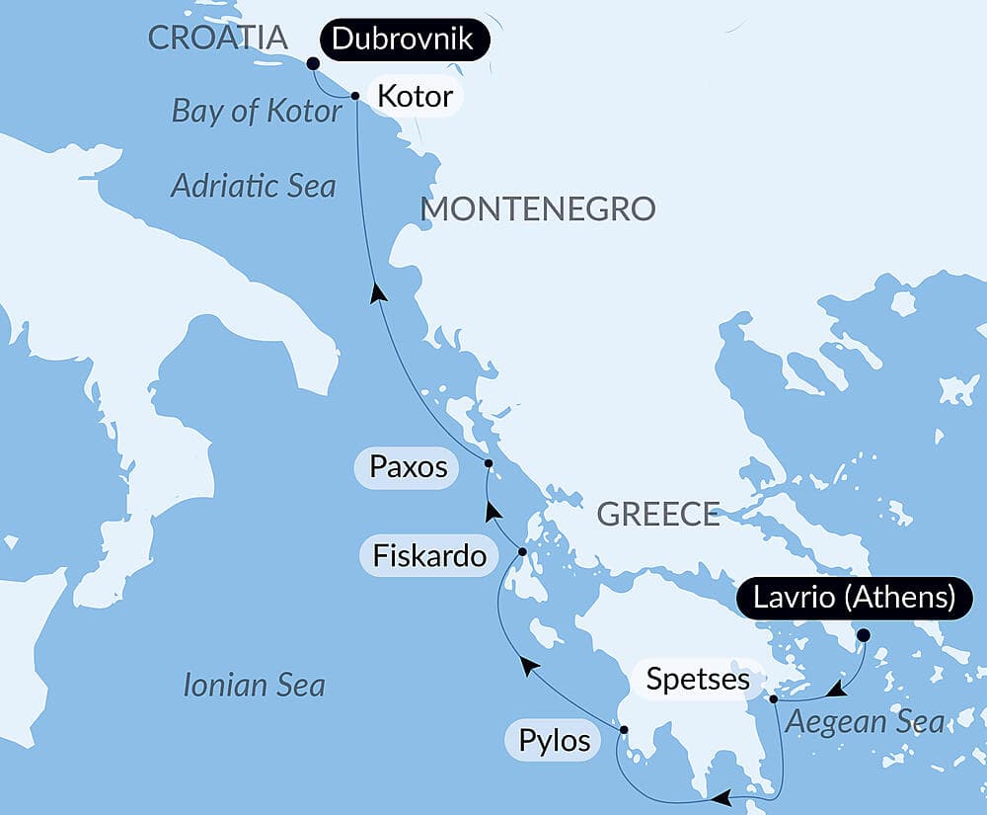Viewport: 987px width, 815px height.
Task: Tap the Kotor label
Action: point(414,96)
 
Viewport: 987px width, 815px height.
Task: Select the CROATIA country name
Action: point(217,39)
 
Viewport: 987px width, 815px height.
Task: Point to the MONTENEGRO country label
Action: point(538,208)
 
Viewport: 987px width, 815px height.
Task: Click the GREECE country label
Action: point(658,514)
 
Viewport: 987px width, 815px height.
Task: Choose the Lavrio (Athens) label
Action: point(855,599)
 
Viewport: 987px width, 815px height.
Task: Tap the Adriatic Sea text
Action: point(254,185)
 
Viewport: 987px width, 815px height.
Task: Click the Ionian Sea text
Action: point(254,685)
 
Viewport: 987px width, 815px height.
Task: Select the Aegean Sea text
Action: point(865,722)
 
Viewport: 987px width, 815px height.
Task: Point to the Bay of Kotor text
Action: point(257,111)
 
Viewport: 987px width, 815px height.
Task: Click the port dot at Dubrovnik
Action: point(313,63)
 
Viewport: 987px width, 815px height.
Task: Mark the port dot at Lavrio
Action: point(864,635)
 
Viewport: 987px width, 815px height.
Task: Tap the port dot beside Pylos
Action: point(624,730)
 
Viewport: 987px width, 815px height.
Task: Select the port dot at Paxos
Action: point(489,463)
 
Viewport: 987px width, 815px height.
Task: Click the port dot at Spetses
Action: point(774,699)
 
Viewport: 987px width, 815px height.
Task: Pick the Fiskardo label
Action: point(429,557)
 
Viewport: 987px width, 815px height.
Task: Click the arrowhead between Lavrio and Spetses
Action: point(836,688)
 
